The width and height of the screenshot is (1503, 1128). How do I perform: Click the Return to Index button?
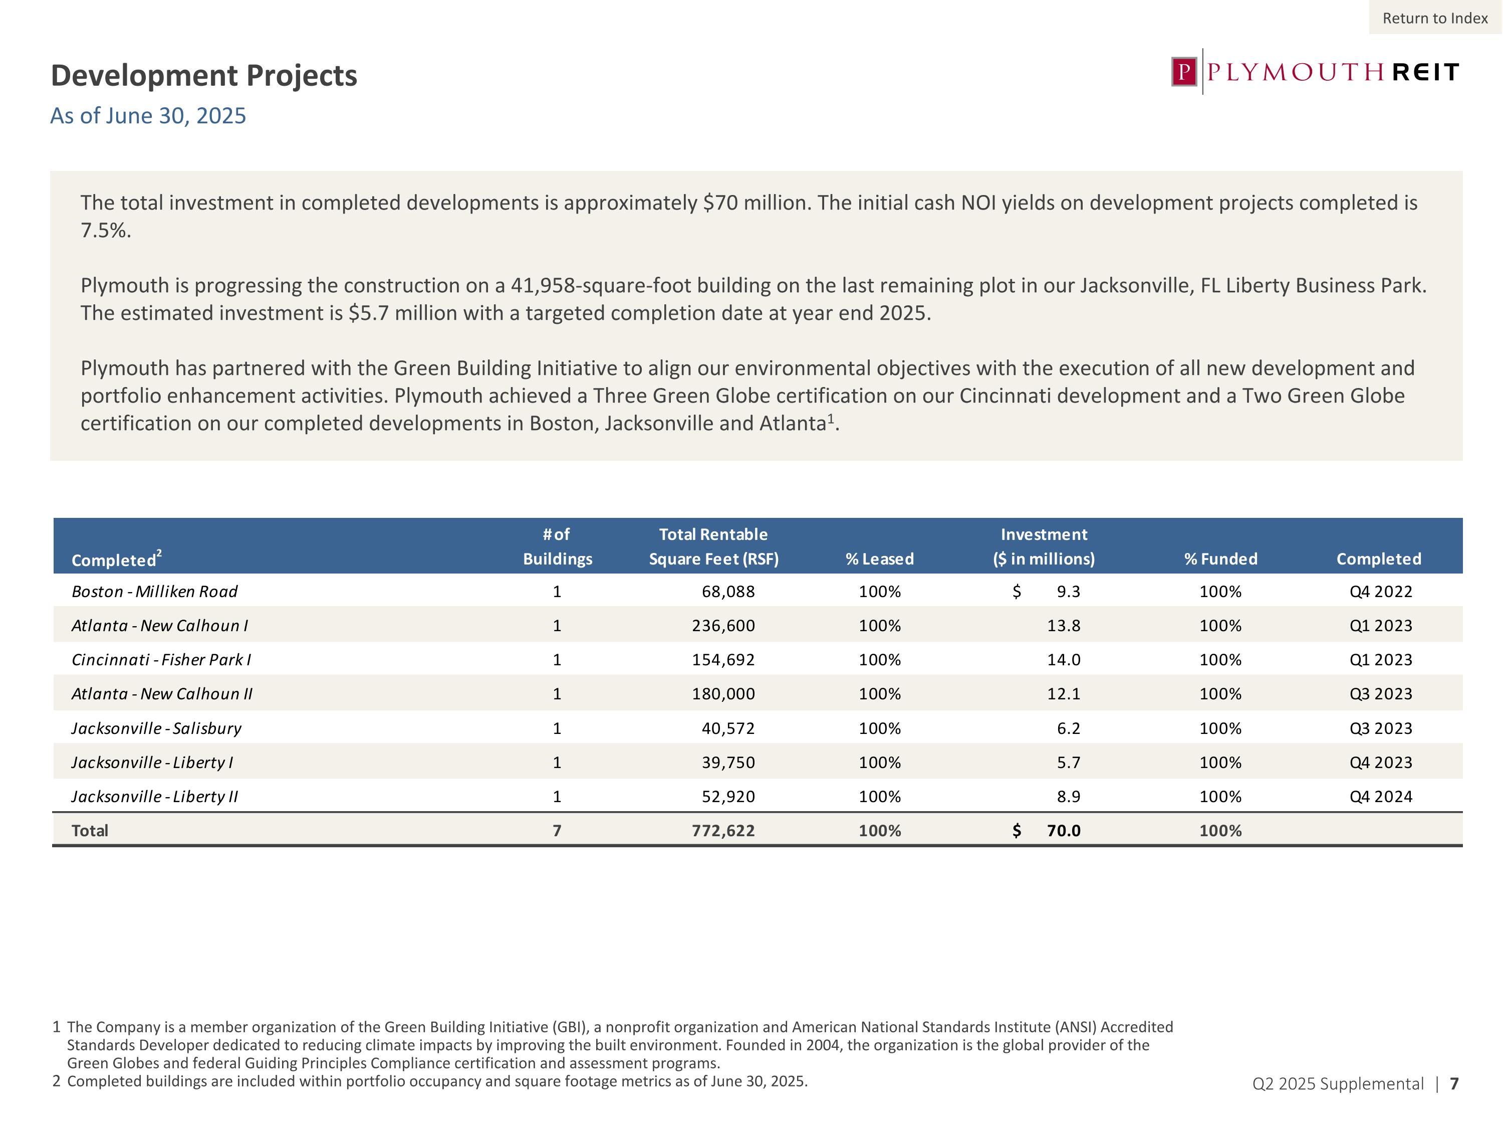[1434, 19]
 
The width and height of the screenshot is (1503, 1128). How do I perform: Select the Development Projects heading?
[204, 76]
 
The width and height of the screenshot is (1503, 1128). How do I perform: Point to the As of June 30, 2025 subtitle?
[148, 116]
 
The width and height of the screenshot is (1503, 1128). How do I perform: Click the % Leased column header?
[879, 559]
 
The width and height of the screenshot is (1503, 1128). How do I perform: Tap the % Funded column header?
[1220, 559]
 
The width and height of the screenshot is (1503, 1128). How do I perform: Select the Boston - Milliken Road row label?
[155, 592]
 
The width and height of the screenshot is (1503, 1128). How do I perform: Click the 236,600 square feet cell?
[723, 626]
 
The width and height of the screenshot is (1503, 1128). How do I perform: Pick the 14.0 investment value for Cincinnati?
[1064, 660]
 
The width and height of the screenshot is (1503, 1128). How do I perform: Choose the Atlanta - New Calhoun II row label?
[162, 693]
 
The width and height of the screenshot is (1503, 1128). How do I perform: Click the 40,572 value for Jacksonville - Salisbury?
[728, 728]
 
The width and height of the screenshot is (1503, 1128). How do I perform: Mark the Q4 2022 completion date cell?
[1381, 592]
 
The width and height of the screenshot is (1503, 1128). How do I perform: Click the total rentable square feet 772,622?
[723, 830]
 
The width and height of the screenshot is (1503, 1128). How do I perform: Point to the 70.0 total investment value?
[1064, 830]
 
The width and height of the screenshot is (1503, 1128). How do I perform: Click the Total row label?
[90, 830]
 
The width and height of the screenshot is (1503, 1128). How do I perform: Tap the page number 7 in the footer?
[1454, 1084]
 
